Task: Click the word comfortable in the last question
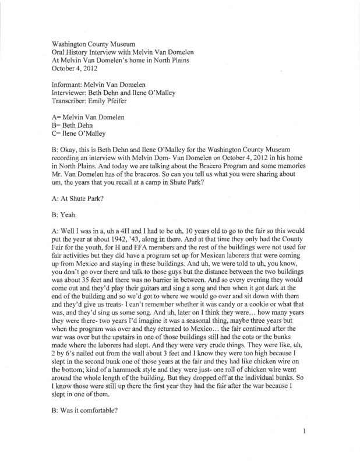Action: (100, 416)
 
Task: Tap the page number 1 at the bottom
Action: (304, 449)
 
